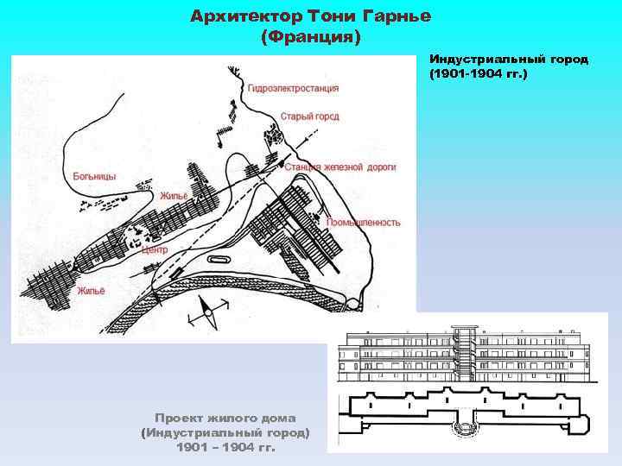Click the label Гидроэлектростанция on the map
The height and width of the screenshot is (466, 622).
pos(292,88)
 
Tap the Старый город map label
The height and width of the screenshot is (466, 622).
pos(308,116)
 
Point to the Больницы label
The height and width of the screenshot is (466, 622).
pos(94,176)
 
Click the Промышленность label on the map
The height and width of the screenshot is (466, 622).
pos(363,222)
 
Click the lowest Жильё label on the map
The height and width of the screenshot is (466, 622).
pos(92,290)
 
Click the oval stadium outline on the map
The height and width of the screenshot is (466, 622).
pos(219,259)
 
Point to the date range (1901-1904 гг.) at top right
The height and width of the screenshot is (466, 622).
pos(478,74)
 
